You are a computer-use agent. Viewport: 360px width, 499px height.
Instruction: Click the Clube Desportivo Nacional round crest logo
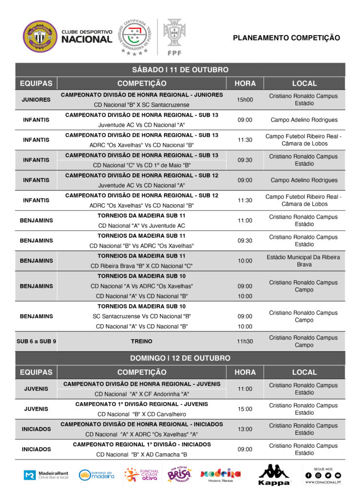40,37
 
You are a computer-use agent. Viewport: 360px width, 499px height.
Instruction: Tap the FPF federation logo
174,37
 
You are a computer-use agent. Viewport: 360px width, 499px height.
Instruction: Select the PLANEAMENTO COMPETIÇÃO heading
286,38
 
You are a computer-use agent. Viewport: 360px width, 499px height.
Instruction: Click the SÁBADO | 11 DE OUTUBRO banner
180,70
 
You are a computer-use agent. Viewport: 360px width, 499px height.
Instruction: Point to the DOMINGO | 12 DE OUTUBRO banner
180,358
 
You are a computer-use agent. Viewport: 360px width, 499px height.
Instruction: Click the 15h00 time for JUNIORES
245,100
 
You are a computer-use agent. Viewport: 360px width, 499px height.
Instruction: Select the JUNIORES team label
36,100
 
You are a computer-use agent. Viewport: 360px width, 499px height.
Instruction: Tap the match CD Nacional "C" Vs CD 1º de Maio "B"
142,165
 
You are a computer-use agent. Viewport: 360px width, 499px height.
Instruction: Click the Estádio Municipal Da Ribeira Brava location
304,261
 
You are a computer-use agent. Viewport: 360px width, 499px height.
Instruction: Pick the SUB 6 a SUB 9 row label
36,342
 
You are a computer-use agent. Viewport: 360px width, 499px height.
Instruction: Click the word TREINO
142,342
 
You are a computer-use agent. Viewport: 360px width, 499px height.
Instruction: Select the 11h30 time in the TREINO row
245,342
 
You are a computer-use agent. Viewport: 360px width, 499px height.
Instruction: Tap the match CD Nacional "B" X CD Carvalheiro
142,414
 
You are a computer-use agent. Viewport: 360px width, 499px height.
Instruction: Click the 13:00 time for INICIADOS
245,429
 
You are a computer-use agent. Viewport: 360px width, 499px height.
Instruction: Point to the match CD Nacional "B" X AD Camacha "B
142,455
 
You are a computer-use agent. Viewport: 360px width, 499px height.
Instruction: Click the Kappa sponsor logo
274,475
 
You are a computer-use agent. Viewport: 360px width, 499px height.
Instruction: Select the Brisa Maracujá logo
179,475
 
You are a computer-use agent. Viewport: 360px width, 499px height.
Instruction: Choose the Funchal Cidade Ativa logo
140,475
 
